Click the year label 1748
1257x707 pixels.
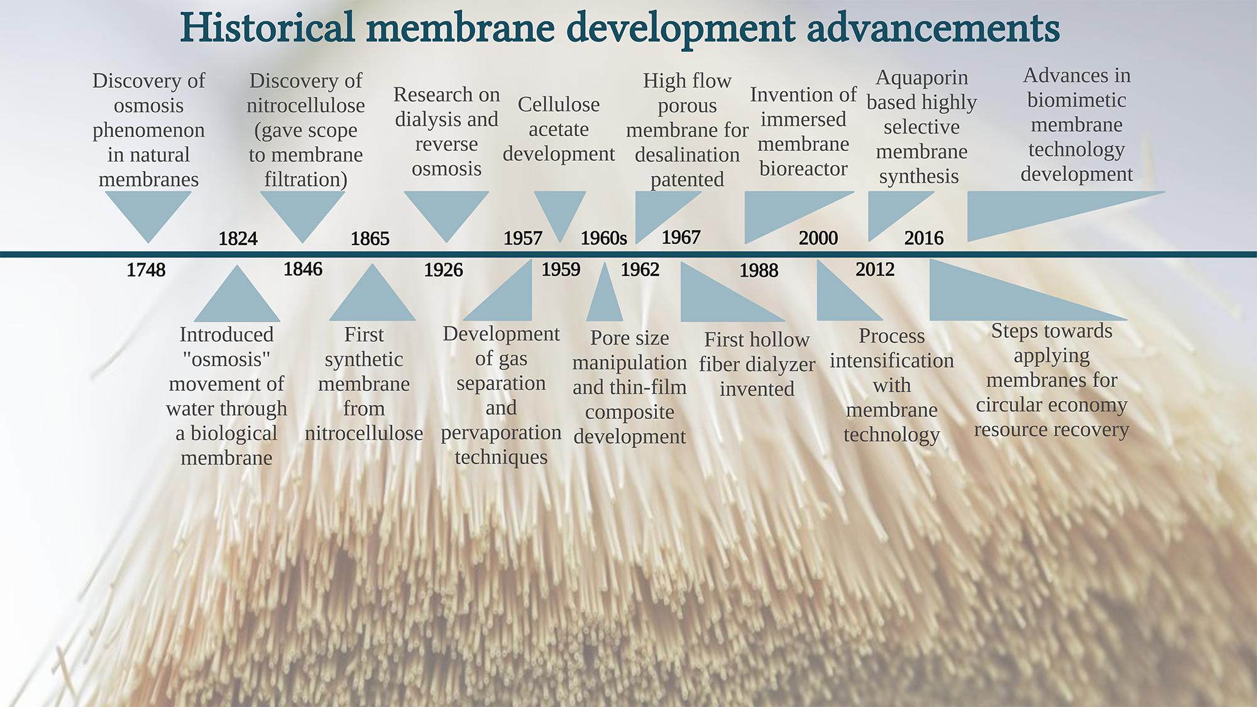point(146,270)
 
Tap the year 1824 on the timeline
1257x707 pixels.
point(238,239)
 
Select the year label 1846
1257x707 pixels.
point(303,270)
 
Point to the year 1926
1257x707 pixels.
point(443,270)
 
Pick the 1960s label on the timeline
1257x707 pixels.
point(603,238)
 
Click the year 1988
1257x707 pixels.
point(759,271)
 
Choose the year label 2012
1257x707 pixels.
point(875,270)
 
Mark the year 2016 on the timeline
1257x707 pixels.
point(924,238)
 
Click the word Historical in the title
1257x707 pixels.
point(267,28)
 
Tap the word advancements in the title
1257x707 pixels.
point(933,28)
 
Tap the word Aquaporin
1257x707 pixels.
point(921,78)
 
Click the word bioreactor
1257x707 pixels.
point(803,169)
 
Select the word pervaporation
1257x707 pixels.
point(501,432)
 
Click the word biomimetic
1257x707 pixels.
point(1077,100)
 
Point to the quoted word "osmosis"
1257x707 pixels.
point(226,359)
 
